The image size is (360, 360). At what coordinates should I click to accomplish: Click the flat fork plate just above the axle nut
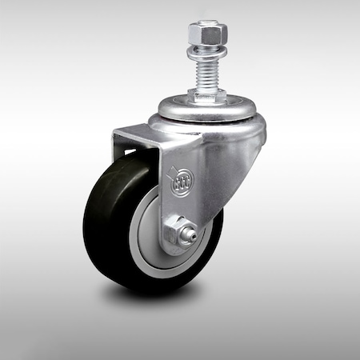pos(180,204)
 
